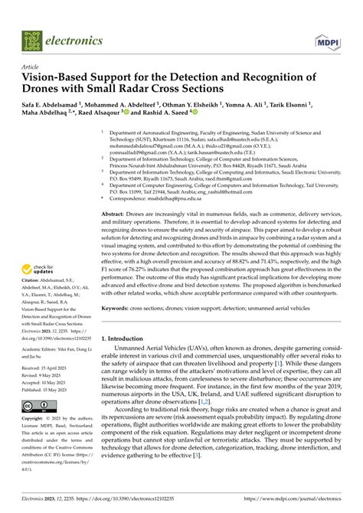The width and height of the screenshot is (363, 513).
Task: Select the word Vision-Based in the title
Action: [59, 77]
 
